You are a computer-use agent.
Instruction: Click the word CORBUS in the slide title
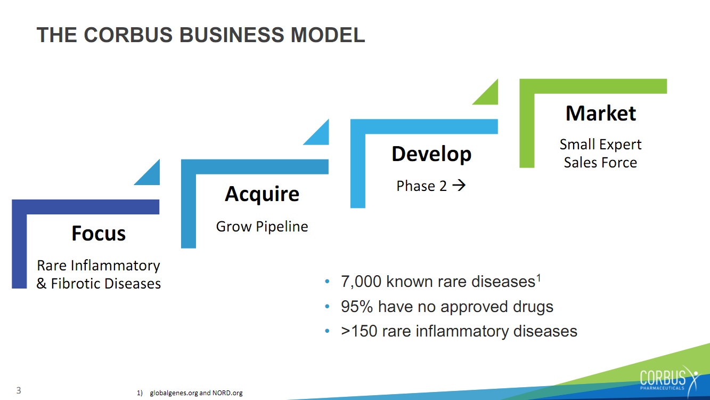(128, 35)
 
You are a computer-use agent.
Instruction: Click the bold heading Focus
(99, 234)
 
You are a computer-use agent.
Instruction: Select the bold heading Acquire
(262, 194)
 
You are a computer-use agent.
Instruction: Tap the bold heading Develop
(431, 154)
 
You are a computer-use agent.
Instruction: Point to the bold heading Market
(601, 113)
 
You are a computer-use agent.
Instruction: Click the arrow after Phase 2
(459, 185)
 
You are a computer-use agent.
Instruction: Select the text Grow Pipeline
(262, 227)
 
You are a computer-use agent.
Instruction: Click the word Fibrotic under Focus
(76, 284)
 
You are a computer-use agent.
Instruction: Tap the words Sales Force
(600, 163)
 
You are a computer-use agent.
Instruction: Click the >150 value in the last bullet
(359, 331)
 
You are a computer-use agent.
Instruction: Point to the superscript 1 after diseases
(538, 277)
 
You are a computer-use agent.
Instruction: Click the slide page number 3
(19, 390)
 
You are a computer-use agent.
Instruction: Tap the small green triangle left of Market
(489, 95)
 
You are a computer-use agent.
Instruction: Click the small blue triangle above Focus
(151, 176)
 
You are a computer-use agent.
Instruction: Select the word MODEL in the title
(328, 35)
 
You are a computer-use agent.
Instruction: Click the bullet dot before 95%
(328, 307)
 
